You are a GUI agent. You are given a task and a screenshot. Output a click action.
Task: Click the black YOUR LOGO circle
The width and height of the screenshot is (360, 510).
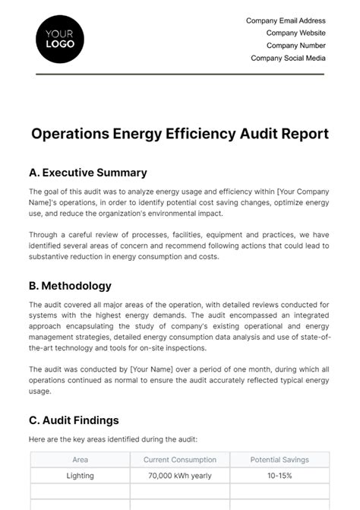pos(60,38)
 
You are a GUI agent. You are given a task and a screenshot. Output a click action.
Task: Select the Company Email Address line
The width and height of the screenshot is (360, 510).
pos(286,21)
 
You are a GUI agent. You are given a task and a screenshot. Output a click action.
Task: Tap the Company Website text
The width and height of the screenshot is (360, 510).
pos(295,33)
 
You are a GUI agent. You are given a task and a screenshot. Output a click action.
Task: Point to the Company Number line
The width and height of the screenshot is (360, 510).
pos(295,46)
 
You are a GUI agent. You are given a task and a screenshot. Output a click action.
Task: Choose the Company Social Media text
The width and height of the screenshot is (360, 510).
pos(288,58)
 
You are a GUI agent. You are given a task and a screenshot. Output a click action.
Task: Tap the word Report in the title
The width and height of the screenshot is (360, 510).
pos(303,134)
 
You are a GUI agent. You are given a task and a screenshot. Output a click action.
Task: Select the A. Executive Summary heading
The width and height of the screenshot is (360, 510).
pos(88,173)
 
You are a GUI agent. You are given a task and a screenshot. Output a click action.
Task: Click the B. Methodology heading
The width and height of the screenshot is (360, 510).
pos(71,286)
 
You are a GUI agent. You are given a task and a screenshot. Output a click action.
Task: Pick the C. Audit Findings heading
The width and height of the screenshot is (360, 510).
pos(74,420)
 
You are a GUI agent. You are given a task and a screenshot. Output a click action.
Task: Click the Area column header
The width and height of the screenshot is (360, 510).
pos(80,460)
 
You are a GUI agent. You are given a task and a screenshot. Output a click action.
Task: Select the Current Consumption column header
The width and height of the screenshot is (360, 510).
pos(179,460)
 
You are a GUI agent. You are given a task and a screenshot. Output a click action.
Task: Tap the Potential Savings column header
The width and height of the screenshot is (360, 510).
pos(279,460)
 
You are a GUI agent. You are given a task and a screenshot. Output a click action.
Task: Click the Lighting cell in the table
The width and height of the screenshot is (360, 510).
pos(80,476)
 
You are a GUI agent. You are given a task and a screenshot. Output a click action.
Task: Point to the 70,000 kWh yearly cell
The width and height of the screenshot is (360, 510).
pos(179,476)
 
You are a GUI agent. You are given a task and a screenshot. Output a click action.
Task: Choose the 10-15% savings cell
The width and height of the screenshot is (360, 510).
pos(279,476)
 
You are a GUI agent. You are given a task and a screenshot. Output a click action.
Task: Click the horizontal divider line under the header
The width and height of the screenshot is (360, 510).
pos(180,74)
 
